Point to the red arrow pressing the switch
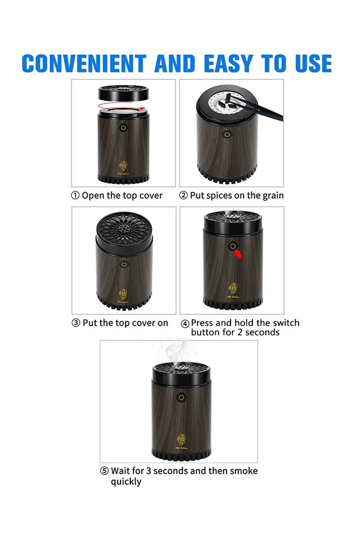tap(239, 254)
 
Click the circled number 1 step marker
tap(75, 196)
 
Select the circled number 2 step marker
tap(183, 196)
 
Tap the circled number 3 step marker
tap(76, 323)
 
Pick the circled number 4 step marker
tap(185, 324)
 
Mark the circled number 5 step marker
tap(105, 471)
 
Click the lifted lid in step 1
tap(123, 92)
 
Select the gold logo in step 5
tap(181, 439)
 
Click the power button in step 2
tap(227, 134)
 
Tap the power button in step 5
tap(181, 397)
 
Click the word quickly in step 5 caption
tap(126, 481)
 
